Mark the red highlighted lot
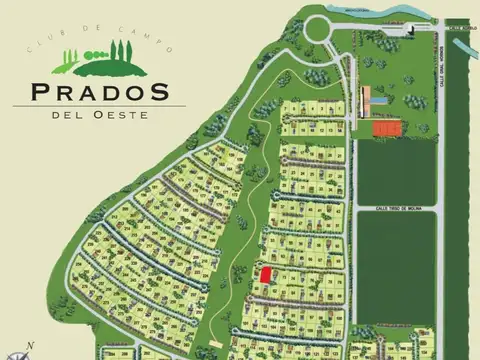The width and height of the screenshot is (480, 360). tap(266, 274)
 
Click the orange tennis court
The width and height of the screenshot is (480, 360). tap(385, 128)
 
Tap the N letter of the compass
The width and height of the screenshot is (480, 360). tap(30, 345)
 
